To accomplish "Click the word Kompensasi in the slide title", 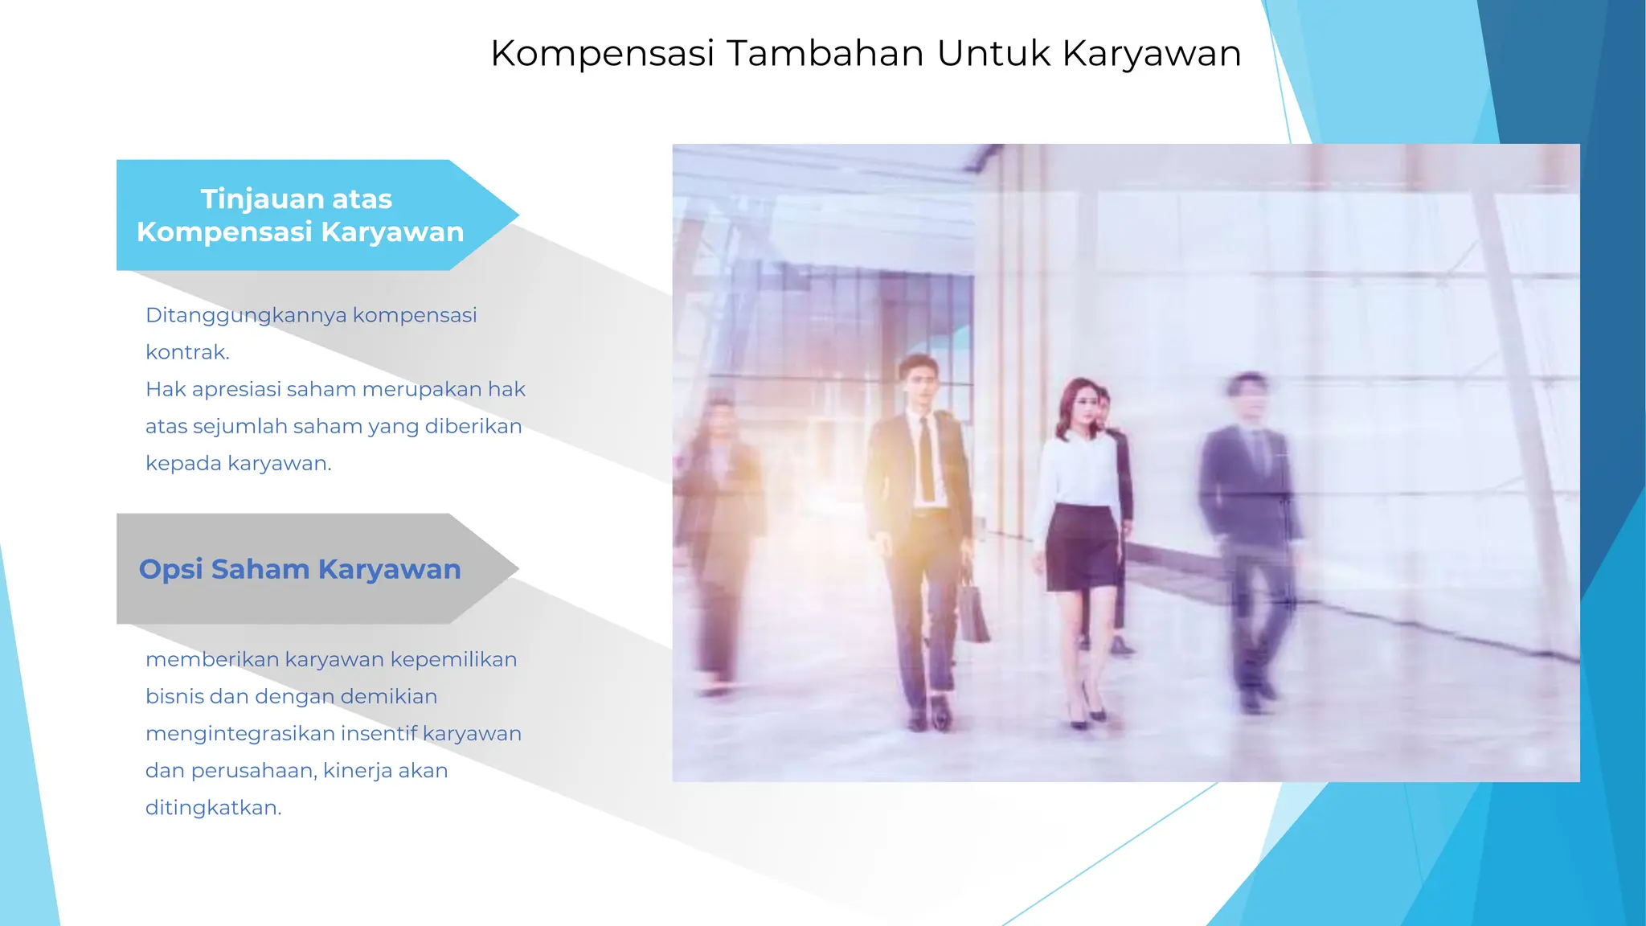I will [602, 54].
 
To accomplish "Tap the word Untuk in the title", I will [993, 54].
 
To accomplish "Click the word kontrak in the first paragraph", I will [186, 352].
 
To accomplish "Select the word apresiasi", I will [236, 389].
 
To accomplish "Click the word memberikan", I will [211, 659].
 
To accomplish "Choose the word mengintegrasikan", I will [240, 733].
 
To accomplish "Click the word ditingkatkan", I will [212, 807].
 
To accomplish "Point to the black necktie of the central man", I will [926, 458].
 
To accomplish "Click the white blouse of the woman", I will [1079, 470].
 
